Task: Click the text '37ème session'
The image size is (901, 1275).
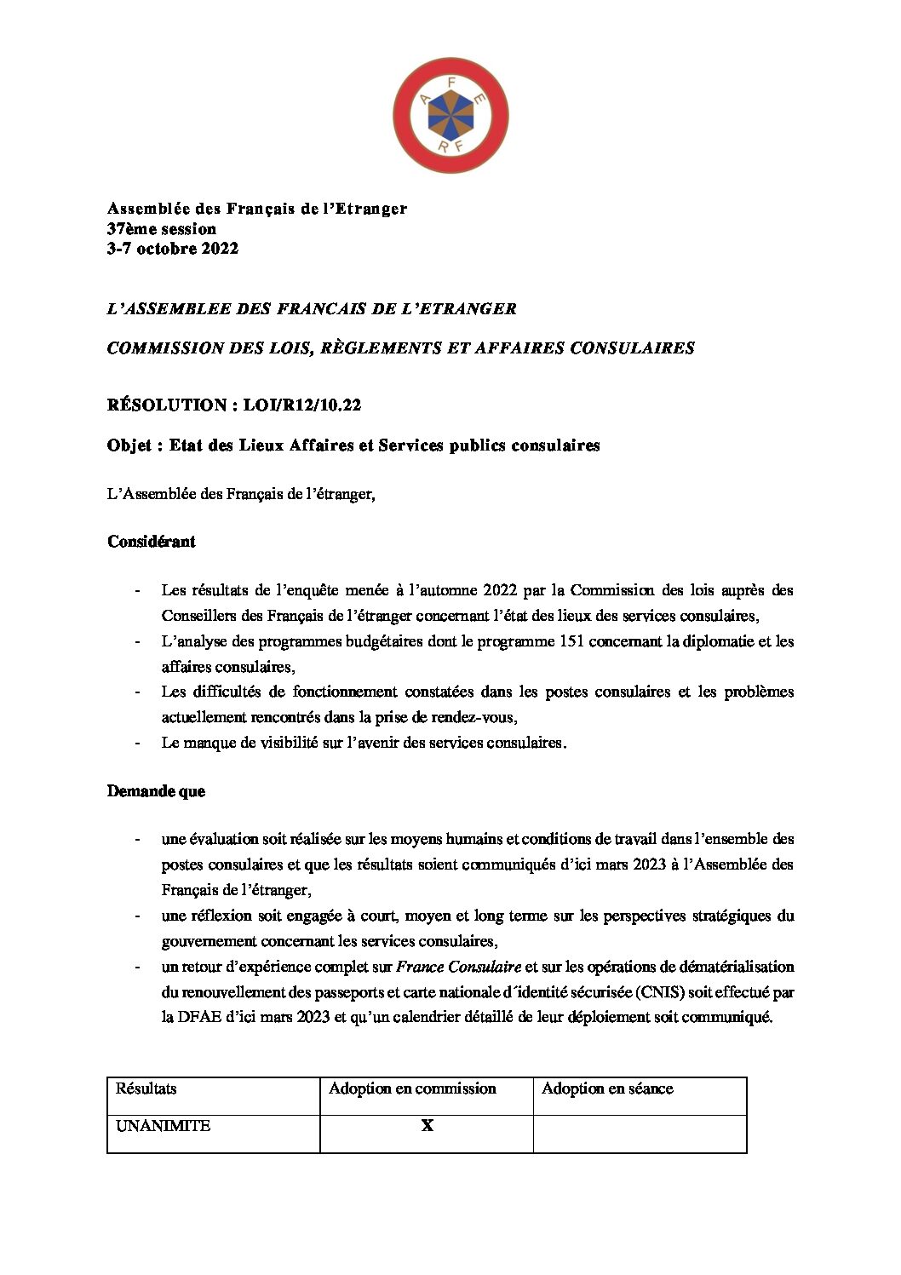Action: pos(162,229)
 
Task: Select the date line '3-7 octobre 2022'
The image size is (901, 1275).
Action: pos(173,249)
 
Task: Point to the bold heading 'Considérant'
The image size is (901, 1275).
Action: pos(152,542)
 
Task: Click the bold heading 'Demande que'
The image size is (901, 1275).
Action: pos(156,791)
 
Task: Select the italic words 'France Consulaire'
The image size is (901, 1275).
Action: pos(459,967)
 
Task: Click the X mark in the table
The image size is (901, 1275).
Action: pos(427,1126)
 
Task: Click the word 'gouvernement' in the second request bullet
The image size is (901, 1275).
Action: pos(206,941)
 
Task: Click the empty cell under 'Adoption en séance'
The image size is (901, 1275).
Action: pos(640,1133)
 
